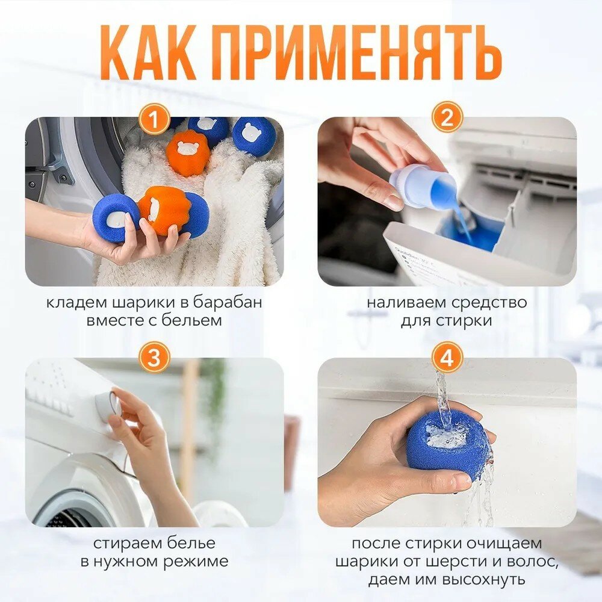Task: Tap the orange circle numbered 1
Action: coord(154,119)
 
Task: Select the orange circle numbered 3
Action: coord(154,358)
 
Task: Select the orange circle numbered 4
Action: coord(447,358)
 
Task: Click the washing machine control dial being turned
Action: coord(108,406)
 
